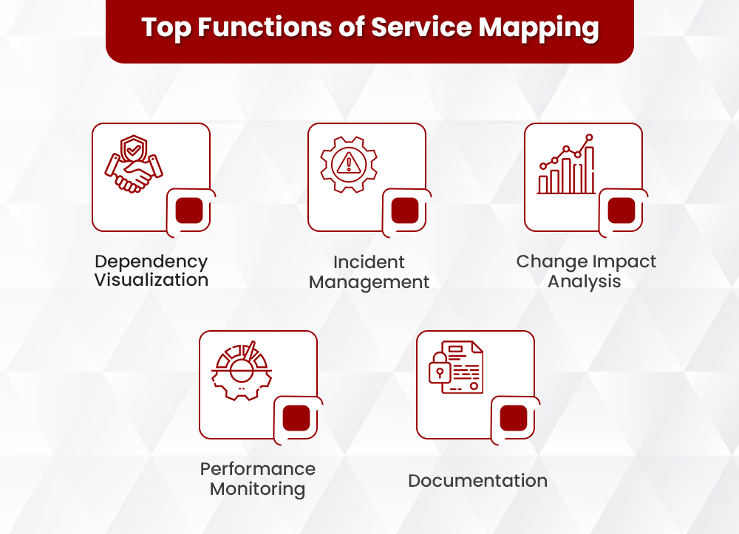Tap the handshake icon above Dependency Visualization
(134, 167)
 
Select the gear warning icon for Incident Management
(348, 163)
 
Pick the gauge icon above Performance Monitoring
(242, 369)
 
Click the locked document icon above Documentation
(456, 366)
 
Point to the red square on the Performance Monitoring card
(296, 418)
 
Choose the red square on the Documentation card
(514, 418)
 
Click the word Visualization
(151, 281)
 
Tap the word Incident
(369, 262)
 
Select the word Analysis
(585, 281)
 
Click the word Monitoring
(257, 488)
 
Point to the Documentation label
(477, 481)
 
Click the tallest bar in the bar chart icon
(589, 170)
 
